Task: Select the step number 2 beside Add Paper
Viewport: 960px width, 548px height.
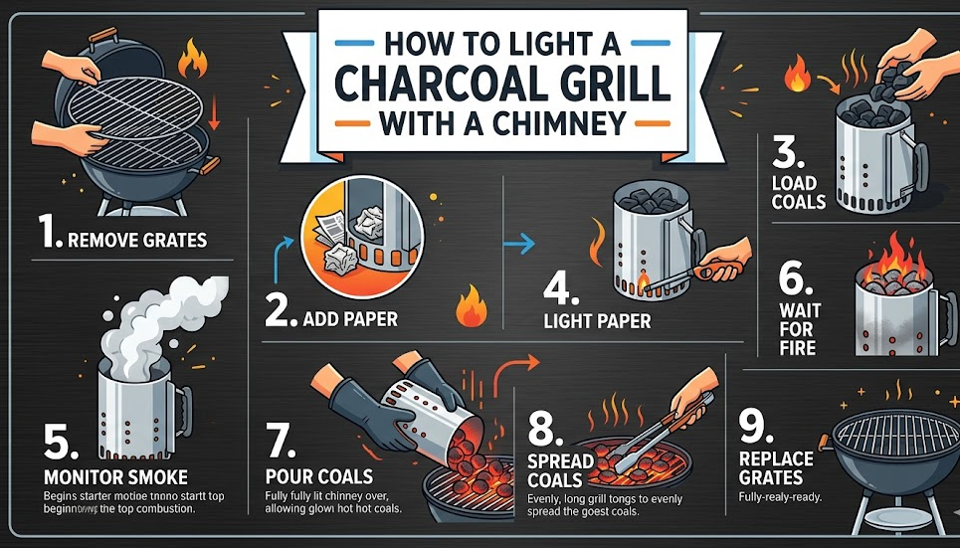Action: (x=284, y=315)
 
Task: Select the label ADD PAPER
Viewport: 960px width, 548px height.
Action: (x=349, y=319)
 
